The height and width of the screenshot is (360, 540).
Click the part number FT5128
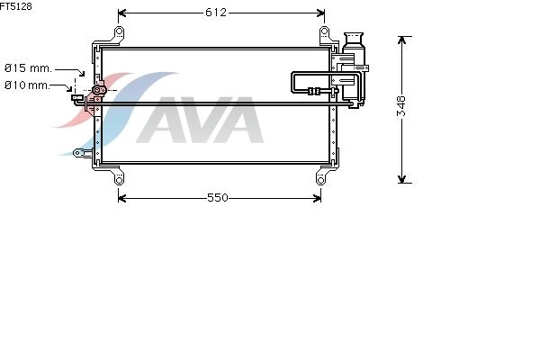click(x=16, y=6)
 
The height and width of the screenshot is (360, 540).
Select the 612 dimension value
click(x=216, y=13)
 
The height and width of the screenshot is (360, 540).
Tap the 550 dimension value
click(x=218, y=198)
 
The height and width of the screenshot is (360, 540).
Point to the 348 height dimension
click(x=402, y=106)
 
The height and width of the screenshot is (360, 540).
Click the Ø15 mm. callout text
click(x=28, y=67)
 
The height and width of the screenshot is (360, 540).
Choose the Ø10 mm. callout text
click(x=27, y=85)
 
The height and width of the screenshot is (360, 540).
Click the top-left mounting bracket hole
click(x=119, y=31)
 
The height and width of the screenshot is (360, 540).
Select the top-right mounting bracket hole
click(x=324, y=31)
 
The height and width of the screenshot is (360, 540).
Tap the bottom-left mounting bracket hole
click(x=119, y=180)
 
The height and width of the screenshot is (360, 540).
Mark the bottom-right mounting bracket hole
click(x=320, y=180)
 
